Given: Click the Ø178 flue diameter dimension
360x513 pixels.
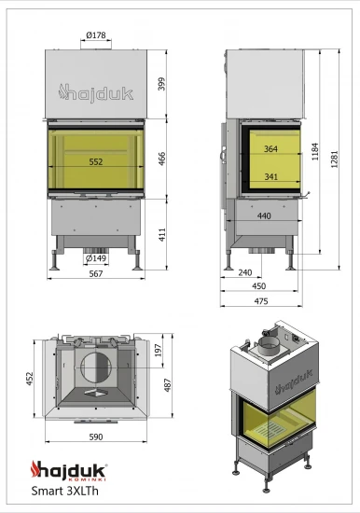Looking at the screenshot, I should (95, 35).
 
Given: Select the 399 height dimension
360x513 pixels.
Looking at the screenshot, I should (162, 84).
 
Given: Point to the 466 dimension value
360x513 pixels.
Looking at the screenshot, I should (162, 158).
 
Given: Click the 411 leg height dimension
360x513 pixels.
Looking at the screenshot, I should (162, 233).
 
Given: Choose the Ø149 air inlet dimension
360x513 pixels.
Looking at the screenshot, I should (97, 258).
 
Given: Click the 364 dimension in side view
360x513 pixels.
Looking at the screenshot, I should (270, 148).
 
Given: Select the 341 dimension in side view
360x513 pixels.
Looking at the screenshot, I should (270, 175).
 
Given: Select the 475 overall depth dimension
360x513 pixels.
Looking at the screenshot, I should (261, 300).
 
